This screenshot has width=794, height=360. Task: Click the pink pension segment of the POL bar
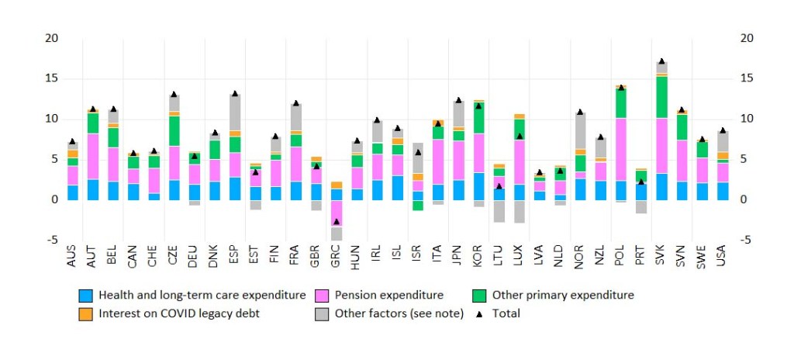(620, 149)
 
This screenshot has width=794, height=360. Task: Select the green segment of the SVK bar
(661, 97)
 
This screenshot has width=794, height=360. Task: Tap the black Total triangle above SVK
(661, 61)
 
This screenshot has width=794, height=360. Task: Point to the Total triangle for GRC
(336, 221)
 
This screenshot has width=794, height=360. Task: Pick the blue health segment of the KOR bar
(478, 186)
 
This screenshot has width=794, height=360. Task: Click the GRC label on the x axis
(337, 256)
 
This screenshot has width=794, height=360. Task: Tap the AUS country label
(72, 256)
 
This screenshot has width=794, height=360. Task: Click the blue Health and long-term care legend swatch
(85, 296)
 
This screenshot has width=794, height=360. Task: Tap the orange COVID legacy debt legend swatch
(85, 314)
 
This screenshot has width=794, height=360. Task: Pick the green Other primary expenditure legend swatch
(478, 296)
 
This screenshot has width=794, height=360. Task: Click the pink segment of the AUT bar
(93, 156)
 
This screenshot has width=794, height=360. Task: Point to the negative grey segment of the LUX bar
(519, 211)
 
